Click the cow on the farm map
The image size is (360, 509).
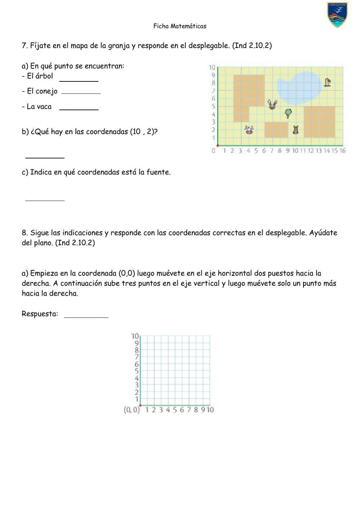point(249,130)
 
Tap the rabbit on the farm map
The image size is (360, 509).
point(273,104)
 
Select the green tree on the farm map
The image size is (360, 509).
point(288,113)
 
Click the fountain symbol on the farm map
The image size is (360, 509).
point(327,82)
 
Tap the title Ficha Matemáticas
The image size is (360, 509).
point(180,26)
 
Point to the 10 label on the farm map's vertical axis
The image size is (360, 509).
point(212,67)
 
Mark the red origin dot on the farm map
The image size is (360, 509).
point(218,146)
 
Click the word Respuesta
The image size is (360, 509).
point(40,314)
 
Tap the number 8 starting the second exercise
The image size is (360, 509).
point(24,233)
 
